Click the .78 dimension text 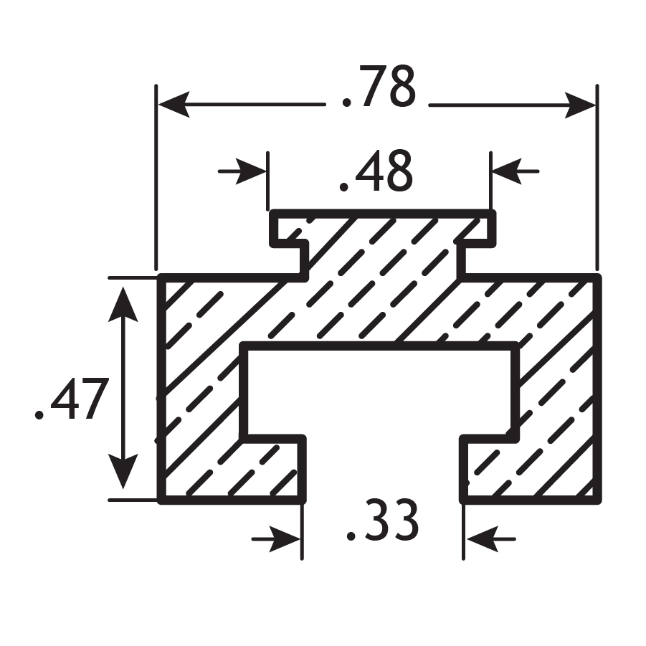click(x=377, y=88)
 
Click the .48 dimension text click(x=376, y=174)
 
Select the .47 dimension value click(x=72, y=400)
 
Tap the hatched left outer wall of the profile click(x=197, y=387)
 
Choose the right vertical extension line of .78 click(x=597, y=179)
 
